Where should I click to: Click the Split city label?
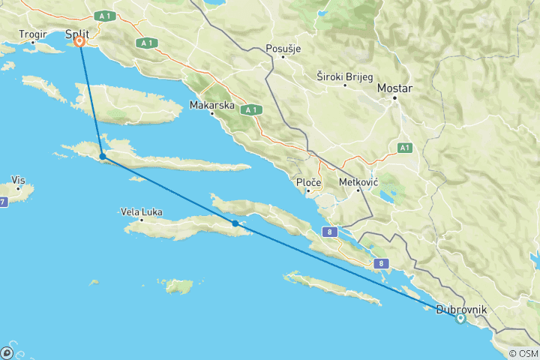coord(77,34)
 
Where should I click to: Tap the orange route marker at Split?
coord(79,43)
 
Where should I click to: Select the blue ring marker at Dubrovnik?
coord(460,318)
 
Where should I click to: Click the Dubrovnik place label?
coord(462,309)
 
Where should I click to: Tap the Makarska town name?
coord(212,105)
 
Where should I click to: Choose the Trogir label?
coord(34,34)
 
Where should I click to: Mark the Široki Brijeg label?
coord(345,76)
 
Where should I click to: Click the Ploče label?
coord(309,182)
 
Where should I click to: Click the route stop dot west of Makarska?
coord(102,157)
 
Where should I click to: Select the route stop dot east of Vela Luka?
coord(235,223)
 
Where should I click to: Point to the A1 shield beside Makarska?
coord(250,109)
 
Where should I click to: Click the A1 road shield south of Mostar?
coord(406,147)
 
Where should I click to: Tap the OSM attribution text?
coord(523,353)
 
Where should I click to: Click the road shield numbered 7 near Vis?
coord(3,202)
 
